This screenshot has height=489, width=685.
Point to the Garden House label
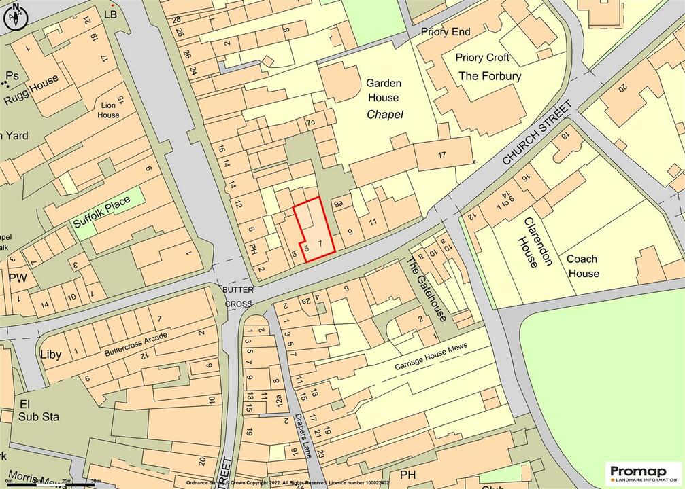tap(384, 90)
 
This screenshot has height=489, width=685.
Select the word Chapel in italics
tap(385, 115)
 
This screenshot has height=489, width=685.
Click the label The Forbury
tap(490, 76)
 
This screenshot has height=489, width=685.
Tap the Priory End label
tap(446, 32)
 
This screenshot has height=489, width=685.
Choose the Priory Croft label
tap(482, 58)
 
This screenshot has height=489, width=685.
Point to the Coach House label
tap(583, 266)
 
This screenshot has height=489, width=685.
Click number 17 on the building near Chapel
tap(441, 155)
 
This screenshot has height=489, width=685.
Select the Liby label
tap(51, 355)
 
